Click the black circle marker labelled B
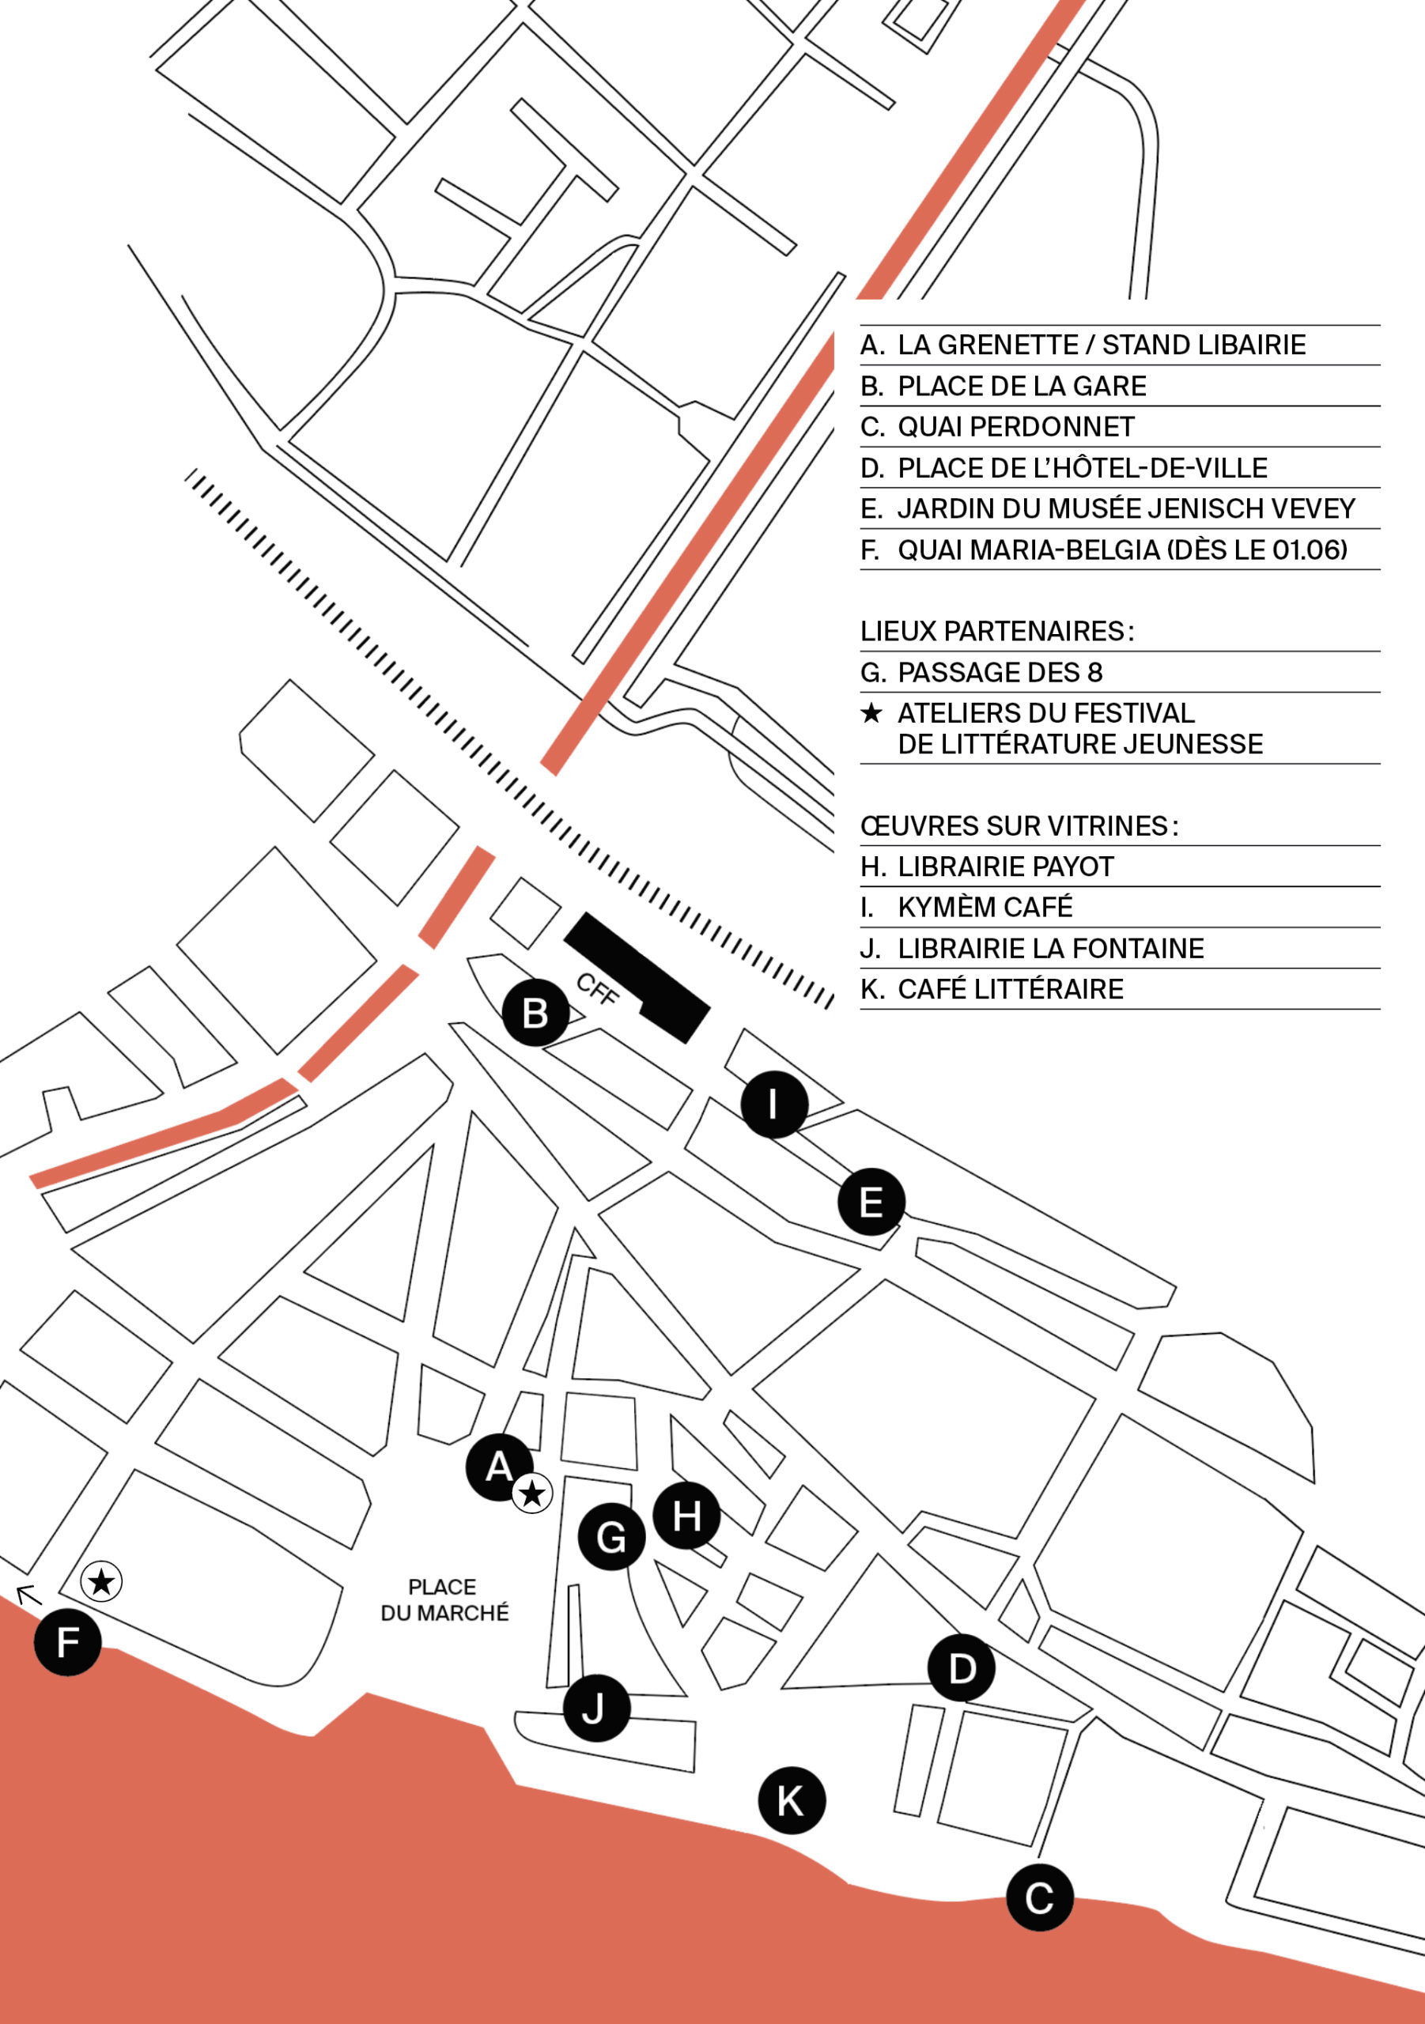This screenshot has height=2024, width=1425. [535, 1013]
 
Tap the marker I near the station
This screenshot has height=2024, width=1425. [774, 1104]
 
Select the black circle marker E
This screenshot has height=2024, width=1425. [871, 1202]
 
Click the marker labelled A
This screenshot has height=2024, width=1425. [498, 1467]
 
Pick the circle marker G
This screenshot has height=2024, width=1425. [611, 1535]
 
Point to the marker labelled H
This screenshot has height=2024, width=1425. [687, 1516]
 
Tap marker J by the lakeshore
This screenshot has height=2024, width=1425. [596, 1709]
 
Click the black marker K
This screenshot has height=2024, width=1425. [792, 1800]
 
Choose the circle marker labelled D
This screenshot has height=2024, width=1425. [961, 1668]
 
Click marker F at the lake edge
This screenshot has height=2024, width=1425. [67, 1641]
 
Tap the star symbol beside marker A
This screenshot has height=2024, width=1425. [531, 1493]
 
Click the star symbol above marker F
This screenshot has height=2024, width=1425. [101, 1581]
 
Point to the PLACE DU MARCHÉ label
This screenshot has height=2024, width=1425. [444, 1600]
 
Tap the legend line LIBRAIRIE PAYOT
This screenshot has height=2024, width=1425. [987, 867]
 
